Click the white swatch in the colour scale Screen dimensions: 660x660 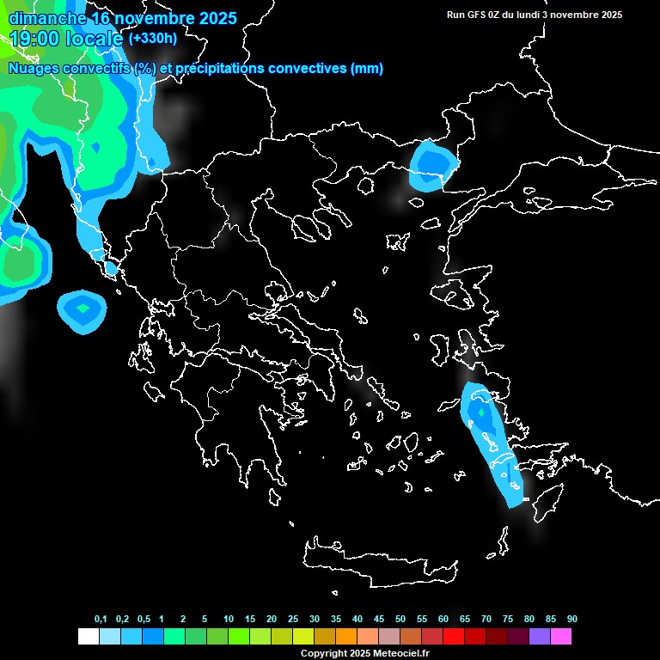pos(88,636)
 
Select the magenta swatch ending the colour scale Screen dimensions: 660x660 pos(561,636)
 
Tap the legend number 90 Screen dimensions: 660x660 pos(572,619)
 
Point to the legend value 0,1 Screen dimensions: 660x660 pos(101,619)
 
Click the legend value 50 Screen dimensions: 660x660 pos(400,619)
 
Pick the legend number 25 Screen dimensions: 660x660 pos(293,619)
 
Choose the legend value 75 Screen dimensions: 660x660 pos(508,619)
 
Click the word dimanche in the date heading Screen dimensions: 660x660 pos(47,18)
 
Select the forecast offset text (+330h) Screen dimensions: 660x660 pos(153,39)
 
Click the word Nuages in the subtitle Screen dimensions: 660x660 pos(35,69)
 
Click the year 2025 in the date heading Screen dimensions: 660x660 pos(212,18)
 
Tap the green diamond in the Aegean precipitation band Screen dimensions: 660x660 pos(481,413)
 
